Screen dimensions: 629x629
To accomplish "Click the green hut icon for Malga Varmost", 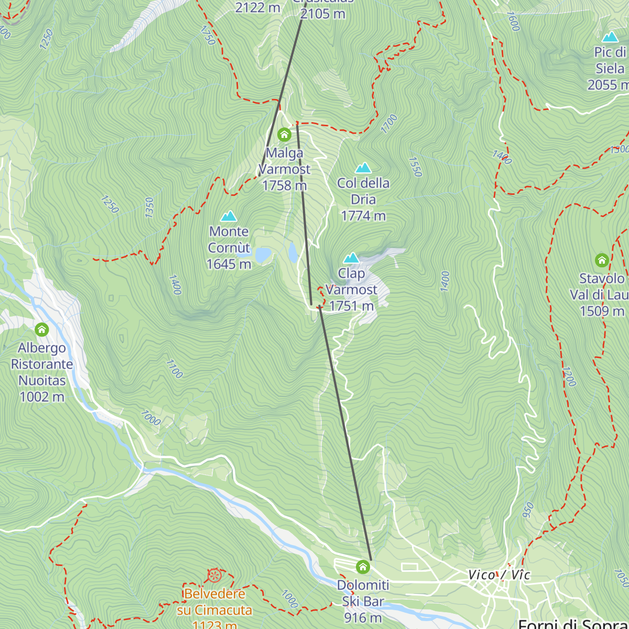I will tap(284, 135).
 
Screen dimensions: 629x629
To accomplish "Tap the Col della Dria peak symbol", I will tap(363, 168).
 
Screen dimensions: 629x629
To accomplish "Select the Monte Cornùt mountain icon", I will tap(229, 216).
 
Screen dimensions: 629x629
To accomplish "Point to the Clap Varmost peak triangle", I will tap(351, 258).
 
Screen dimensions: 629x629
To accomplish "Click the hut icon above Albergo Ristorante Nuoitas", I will tap(41, 330).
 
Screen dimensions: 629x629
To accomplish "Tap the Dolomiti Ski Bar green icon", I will tap(363, 567).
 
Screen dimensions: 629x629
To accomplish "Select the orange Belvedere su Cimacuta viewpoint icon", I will tap(214, 575).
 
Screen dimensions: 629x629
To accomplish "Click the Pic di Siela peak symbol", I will tap(610, 37).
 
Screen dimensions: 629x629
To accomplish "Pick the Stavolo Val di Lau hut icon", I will tap(602, 260).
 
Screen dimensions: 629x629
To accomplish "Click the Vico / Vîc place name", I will tap(499, 574).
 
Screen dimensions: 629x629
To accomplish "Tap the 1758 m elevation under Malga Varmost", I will tap(284, 186).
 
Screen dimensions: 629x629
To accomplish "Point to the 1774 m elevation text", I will tap(363, 215).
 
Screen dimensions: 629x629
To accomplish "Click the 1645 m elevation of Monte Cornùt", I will tap(229, 264).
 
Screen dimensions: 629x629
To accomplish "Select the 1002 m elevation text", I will tap(41, 397).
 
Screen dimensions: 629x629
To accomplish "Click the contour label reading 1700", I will tap(389, 124).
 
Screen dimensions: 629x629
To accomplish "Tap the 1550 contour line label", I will tap(415, 167).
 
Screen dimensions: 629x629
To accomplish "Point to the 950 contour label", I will tap(528, 509).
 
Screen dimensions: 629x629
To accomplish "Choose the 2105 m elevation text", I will tap(322, 14).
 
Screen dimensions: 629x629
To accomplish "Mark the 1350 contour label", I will tap(149, 208).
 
